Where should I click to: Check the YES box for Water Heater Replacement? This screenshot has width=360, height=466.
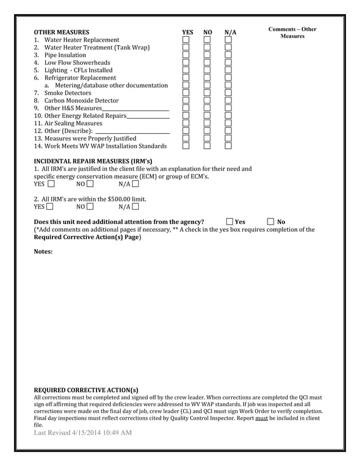click(186, 40)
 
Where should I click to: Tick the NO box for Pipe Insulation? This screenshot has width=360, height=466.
click(207, 55)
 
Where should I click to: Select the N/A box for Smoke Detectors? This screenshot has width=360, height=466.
click(229, 93)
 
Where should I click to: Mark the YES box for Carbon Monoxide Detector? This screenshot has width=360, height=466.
click(186, 100)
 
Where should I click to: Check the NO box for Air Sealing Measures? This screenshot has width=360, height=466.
click(207, 123)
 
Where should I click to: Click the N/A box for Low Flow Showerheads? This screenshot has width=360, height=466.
click(229, 63)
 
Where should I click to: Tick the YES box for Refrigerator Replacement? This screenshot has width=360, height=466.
click(186, 78)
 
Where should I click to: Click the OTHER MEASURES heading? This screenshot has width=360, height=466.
click(62, 32)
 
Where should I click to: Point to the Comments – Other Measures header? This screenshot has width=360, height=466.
click(292, 33)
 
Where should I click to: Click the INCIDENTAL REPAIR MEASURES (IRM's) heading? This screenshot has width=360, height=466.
click(93, 161)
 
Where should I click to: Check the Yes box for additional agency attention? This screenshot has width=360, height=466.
click(230, 222)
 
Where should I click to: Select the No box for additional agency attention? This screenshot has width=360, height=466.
click(271, 222)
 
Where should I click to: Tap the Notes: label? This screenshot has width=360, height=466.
click(43, 251)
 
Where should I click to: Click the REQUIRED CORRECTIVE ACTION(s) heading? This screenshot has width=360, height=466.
click(86, 390)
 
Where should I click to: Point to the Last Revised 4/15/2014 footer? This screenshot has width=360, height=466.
click(83, 432)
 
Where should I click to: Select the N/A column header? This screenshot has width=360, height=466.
click(230, 33)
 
